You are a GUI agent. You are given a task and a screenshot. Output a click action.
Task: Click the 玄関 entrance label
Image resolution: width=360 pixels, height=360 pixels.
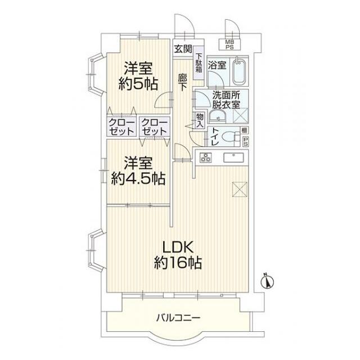183,49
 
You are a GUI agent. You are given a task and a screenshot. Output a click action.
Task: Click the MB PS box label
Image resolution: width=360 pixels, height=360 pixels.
229,45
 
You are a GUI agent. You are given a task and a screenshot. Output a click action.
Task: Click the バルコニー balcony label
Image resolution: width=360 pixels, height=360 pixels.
178,318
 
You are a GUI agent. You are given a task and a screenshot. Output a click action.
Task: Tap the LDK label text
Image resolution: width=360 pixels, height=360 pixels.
178,247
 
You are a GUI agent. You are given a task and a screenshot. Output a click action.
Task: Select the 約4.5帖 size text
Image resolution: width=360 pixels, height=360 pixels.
138,178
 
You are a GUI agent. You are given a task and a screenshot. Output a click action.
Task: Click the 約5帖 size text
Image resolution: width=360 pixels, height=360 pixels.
138,84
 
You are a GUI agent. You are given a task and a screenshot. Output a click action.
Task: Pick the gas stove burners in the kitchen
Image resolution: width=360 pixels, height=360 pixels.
205,157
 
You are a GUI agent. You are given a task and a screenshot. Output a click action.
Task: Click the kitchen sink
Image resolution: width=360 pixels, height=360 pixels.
233,157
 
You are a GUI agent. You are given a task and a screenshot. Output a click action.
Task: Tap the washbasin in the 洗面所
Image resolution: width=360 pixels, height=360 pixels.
218,116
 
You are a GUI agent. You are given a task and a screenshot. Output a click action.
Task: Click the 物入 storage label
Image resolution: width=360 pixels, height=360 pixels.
200,120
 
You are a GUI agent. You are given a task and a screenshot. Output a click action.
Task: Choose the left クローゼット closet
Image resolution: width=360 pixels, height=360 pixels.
121,126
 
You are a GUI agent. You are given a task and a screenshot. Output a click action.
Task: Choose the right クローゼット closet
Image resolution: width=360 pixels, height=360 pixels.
155,126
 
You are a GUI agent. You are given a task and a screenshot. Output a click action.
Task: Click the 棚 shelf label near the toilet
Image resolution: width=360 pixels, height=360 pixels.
245,130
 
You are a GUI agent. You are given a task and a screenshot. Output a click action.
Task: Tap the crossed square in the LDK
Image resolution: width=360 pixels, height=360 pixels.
240,189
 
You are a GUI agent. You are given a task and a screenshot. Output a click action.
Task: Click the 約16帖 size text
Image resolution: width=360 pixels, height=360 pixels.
178,263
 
